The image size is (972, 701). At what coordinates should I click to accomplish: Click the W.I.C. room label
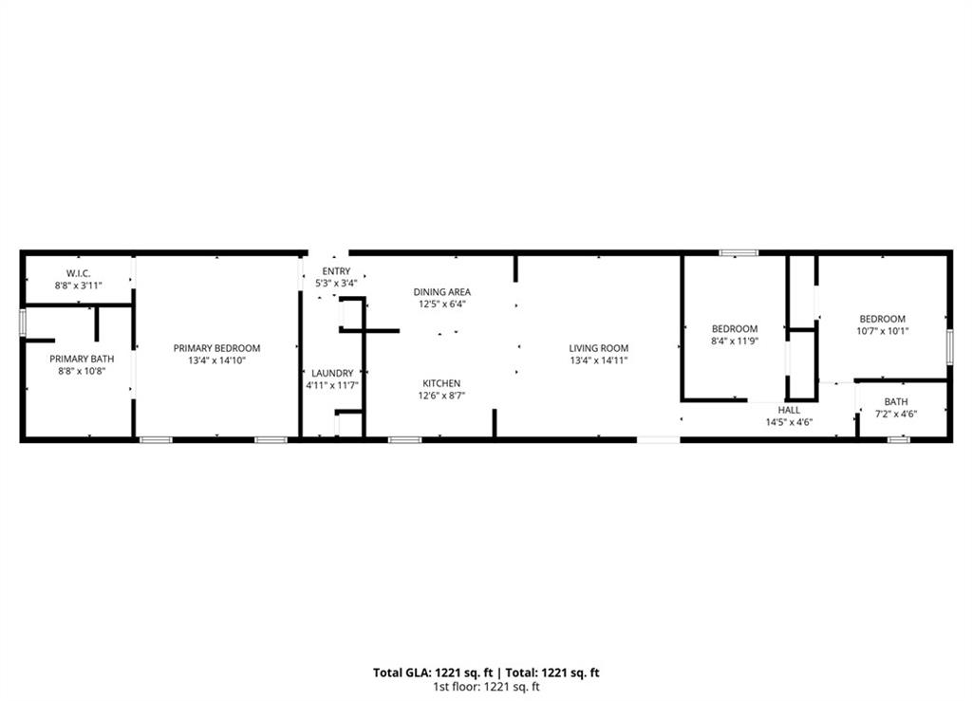(x=78, y=273)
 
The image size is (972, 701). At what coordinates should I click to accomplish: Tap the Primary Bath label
(x=82, y=359)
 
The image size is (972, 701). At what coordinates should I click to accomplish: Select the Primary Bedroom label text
(x=216, y=348)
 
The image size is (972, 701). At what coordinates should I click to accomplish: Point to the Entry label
(x=336, y=271)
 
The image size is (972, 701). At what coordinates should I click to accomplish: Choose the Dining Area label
(x=441, y=292)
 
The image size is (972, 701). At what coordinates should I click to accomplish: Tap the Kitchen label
(x=441, y=383)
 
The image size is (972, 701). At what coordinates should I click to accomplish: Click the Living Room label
(x=599, y=348)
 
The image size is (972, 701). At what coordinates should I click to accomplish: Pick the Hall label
(x=789, y=410)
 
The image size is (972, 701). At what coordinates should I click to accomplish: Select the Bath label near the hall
(x=896, y=401)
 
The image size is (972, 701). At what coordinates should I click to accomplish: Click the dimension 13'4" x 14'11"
(x=599, y=360)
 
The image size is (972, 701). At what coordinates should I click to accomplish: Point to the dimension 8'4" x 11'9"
(x=735, y=341)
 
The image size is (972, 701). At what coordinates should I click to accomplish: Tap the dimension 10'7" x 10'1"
(x=882, y=331)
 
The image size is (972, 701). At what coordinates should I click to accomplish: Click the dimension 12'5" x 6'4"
(x=441, y=304)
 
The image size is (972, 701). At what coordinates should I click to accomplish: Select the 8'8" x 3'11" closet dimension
(x=78, y=285)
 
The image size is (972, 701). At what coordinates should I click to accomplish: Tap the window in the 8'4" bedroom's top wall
(x=738, y=252)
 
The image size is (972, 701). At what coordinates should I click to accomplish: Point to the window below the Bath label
(x=898, y=439)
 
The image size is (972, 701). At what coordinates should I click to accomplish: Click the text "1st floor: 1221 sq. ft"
(x=485, y=687)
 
